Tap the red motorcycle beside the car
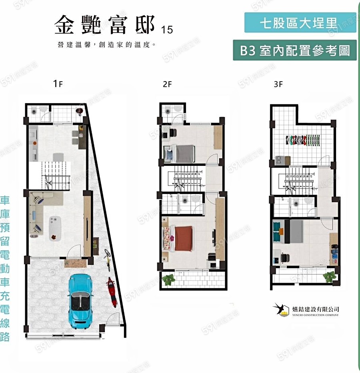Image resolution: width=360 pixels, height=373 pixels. tap(111, 292)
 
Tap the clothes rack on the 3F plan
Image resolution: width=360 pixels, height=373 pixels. tap(303, 140)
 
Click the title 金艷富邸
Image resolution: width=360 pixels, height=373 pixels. tap(105, 25)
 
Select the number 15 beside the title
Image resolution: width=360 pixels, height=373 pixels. tap(168, 30)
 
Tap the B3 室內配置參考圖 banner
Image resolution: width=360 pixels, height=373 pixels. tap(295, 50)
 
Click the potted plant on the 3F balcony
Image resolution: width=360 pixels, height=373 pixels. tap(330, 276)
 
